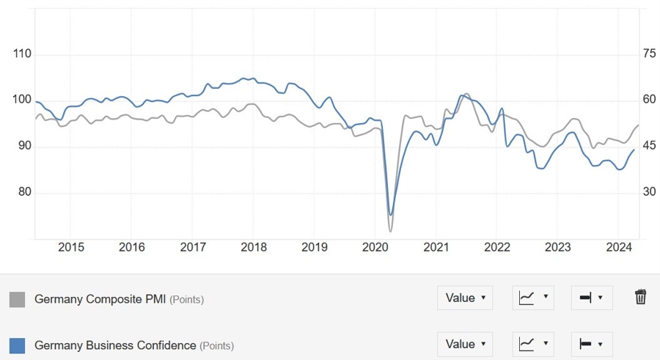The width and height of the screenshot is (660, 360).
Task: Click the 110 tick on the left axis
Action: [x=23, y=54]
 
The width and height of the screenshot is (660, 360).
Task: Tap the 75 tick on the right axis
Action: [x=648, y=54]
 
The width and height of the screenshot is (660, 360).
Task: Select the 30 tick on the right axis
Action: [x=648, y=192]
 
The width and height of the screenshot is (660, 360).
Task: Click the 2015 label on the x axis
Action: [x=70, y=247]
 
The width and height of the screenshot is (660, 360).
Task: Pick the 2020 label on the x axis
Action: [x=375, y=247]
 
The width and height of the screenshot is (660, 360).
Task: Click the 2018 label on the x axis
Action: [x=253, y=247]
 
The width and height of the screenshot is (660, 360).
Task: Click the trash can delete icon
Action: [x=640, y=297]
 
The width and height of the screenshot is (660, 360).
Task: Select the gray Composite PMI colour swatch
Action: [x=17, y=299]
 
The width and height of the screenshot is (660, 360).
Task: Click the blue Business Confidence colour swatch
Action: [x=17, y=345]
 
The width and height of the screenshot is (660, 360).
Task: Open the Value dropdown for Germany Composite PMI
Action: [x=465, y=298]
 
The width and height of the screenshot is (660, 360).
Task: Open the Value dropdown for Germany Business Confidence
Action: [x=465, y=344]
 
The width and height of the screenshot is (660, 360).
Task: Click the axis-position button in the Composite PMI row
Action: [x=591, y=298]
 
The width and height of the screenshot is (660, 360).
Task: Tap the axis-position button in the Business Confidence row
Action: [x=591, y=344]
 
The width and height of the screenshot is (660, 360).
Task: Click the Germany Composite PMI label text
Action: [x=100, y=299]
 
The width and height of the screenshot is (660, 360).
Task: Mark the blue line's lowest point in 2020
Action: [x=391, y=215]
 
